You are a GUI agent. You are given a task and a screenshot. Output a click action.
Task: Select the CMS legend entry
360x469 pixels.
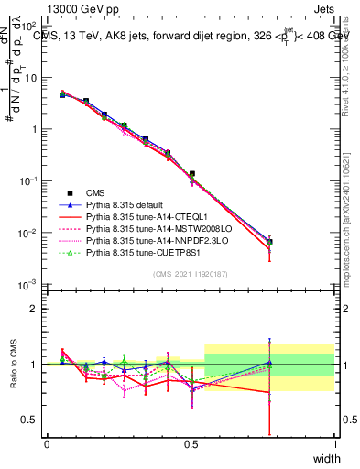point(96,192)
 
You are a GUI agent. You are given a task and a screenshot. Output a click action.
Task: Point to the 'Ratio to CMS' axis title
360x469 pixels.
point(14,364)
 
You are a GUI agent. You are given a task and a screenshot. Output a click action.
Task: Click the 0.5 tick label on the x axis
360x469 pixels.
point(191,444)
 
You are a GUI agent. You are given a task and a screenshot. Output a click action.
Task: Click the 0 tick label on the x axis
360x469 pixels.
point(47,444)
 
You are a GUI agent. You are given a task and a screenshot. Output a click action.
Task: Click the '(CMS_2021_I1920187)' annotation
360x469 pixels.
point(191,274)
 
